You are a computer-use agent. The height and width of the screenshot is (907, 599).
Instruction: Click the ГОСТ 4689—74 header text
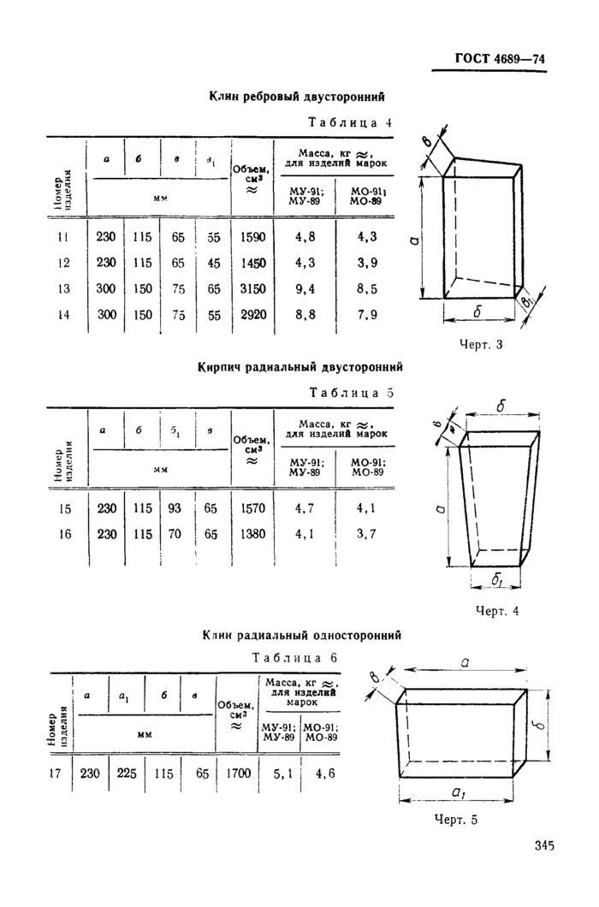500,59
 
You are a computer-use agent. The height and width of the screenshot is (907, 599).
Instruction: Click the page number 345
544,845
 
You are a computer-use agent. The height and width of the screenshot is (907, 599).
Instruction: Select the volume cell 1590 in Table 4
253,236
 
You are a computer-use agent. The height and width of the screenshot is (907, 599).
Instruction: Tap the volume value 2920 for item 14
253,315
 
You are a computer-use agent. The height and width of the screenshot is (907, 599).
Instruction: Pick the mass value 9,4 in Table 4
305,289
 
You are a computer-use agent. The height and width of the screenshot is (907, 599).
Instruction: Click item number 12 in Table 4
63,264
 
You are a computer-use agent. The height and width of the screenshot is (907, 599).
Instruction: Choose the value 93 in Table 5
175,508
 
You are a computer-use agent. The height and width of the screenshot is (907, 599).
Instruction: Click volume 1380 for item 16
253,534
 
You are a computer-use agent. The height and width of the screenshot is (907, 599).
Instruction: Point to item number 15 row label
64,509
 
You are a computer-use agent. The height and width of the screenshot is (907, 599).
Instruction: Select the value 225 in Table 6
127,773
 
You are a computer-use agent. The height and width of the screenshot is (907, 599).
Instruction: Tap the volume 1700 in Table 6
238,774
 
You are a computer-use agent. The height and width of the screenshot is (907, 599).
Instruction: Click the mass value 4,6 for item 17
325,774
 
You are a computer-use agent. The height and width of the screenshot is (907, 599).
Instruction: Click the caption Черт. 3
481,345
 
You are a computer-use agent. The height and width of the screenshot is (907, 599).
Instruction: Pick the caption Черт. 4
497,611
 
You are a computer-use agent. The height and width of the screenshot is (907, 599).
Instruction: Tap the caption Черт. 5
455,820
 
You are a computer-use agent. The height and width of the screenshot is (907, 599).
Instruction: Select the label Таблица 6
294,658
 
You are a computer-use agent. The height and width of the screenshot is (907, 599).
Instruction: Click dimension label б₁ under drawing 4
496,579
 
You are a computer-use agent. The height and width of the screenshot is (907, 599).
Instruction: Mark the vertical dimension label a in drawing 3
414,240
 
